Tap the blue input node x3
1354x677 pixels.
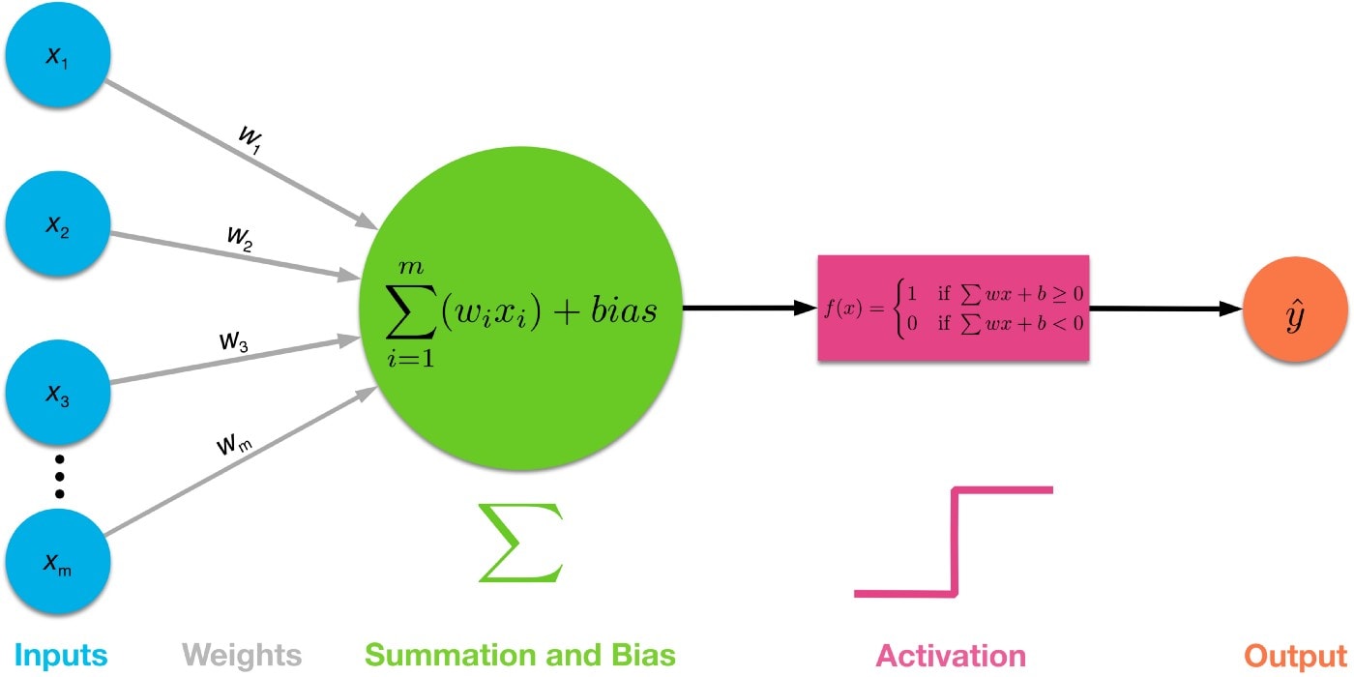[57, 396]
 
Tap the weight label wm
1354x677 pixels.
[232, 445]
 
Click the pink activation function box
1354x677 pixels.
[954, 309]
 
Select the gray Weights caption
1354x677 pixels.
[241, 655]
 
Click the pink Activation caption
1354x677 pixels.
[951, 655]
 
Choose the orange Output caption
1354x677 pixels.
[1293, 655]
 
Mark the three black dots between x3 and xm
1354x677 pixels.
[58, 476]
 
